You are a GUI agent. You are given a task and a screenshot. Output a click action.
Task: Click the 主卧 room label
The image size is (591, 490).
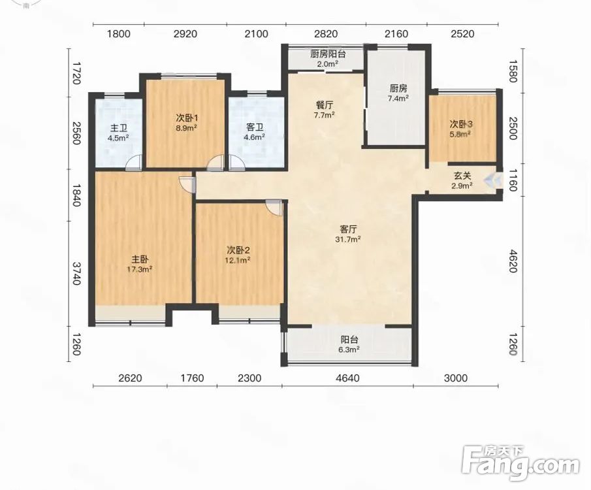point(140,259)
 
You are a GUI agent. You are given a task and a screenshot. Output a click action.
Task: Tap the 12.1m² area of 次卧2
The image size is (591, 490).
point(238,260)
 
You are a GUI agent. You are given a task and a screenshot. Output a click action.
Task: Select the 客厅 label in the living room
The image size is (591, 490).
point(348,229)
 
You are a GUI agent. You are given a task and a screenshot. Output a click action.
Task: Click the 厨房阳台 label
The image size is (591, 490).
point(328,54)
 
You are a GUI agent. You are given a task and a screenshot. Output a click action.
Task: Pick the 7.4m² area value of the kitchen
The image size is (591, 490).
point(399,99)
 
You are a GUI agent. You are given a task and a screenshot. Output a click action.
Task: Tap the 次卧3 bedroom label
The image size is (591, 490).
point(461,123)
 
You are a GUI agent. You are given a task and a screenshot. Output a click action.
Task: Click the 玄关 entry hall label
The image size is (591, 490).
point(462,176)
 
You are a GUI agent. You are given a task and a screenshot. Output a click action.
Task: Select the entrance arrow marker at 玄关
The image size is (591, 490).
point(494,180)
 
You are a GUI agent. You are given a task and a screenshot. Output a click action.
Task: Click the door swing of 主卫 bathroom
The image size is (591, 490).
point(133,162)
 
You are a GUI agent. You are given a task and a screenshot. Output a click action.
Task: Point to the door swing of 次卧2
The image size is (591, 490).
point(274,207)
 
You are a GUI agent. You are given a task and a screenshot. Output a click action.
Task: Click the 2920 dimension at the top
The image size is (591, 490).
point(185,34)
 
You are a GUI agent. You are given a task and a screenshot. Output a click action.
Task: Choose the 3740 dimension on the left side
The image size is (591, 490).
point(76,274)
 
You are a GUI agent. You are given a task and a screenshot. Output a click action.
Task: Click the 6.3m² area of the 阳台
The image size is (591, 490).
point(349,350)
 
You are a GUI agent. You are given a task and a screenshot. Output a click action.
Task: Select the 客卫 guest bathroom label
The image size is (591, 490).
point(254,128)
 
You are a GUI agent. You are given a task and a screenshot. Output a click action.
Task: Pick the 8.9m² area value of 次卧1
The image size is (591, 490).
point(187,127)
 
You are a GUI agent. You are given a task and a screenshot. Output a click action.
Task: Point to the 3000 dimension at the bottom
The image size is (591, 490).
point(455,378)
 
